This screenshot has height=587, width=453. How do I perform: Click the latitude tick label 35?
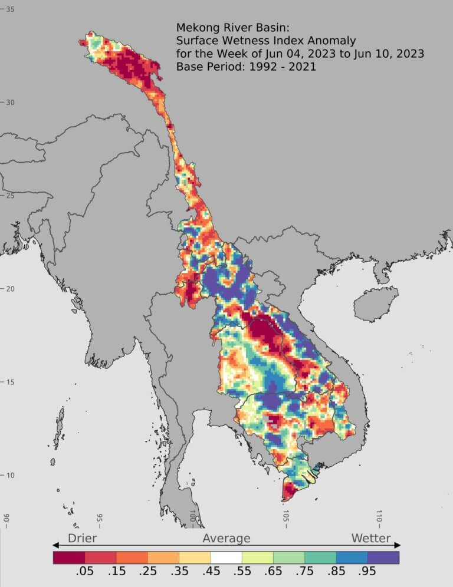tap(11, 9)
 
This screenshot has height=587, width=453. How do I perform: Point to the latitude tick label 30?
tap(11, 103)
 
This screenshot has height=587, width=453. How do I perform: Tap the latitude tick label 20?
tap(11, 289)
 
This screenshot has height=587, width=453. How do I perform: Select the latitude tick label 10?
tap(11, 476)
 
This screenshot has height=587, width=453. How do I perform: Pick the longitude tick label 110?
tap(379, 517)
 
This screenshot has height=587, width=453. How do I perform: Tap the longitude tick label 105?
tap(285, 517)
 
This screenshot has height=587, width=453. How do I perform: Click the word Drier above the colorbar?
tap(82, 538)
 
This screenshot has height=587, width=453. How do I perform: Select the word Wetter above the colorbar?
tap(371, 538)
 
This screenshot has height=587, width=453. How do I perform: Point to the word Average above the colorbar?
tap(226, 538)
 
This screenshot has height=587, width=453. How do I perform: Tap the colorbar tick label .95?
tap(367, 572)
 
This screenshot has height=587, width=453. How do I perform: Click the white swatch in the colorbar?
tap(226, 557)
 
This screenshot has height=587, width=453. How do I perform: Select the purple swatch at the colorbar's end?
tap(383, 557)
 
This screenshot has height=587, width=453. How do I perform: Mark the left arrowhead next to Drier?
tap(56, 545)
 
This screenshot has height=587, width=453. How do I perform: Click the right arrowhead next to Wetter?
tap(397, 545)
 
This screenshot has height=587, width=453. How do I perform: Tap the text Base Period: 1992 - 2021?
tap(246, 67)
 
